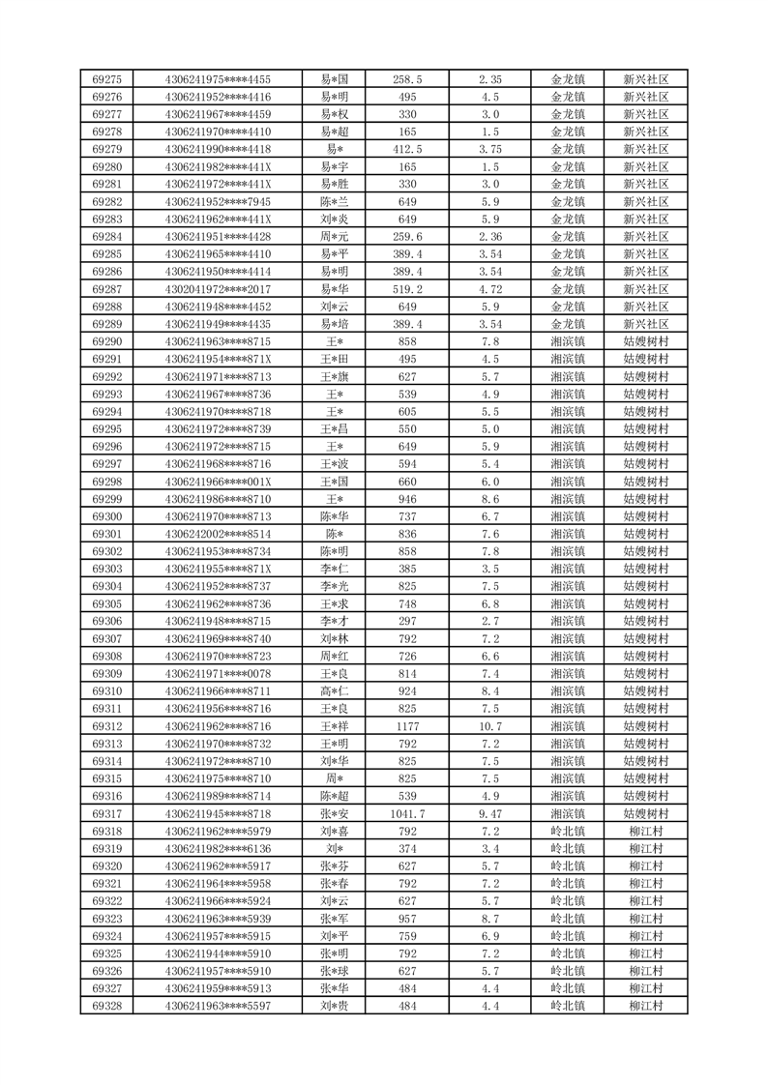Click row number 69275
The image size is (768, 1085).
coord(106,79)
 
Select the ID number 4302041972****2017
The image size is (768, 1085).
coord(218,289)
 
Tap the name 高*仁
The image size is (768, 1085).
coord(335,691)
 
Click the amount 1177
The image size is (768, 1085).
coord(407,726)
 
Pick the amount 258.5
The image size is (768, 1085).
coord(407,79)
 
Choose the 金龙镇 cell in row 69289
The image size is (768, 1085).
coord(568,324)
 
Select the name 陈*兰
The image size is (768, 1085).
coord(335,201)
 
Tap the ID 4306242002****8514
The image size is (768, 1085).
coord(218,534)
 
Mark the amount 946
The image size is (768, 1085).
coord(407,499)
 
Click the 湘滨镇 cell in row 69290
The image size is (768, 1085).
coord(568,341)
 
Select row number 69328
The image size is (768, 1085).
coord(106,1007)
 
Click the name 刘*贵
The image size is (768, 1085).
coord(335,1007)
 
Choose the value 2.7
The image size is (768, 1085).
coord(489,621)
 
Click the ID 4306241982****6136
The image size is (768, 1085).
coord(218,849)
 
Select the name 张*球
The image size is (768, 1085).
coord(335,971)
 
